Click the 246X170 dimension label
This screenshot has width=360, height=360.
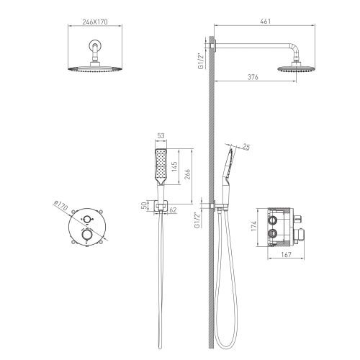95,22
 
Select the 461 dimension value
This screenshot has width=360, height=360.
265,22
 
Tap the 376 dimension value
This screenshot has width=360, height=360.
253,77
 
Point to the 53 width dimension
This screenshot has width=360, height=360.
161,136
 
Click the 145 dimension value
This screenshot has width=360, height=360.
174,166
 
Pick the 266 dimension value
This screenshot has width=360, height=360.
187,174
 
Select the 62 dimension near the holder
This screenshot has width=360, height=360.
173,210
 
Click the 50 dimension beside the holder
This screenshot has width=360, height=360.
144,205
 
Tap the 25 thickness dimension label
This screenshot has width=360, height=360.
246,146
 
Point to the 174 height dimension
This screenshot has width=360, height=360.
253,226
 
